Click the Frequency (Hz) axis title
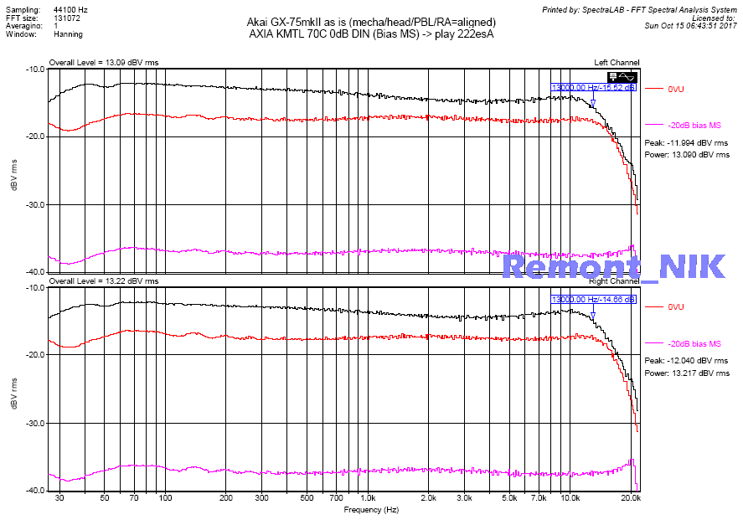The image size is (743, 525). (370, 509)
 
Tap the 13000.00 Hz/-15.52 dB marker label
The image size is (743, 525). (593, 87)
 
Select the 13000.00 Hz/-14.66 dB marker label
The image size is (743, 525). (593, 299)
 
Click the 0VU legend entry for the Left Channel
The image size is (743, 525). (676, 88)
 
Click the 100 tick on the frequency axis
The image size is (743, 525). (165, 498)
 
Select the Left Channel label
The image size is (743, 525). (617, 63)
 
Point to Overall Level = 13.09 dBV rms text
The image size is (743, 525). (103, 63)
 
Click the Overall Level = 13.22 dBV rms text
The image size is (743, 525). (103, 281)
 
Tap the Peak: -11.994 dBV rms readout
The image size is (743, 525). (686, 143)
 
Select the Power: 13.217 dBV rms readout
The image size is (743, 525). (687, 373)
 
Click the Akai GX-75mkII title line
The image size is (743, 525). (371, 22)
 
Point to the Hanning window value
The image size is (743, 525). (67, 35)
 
